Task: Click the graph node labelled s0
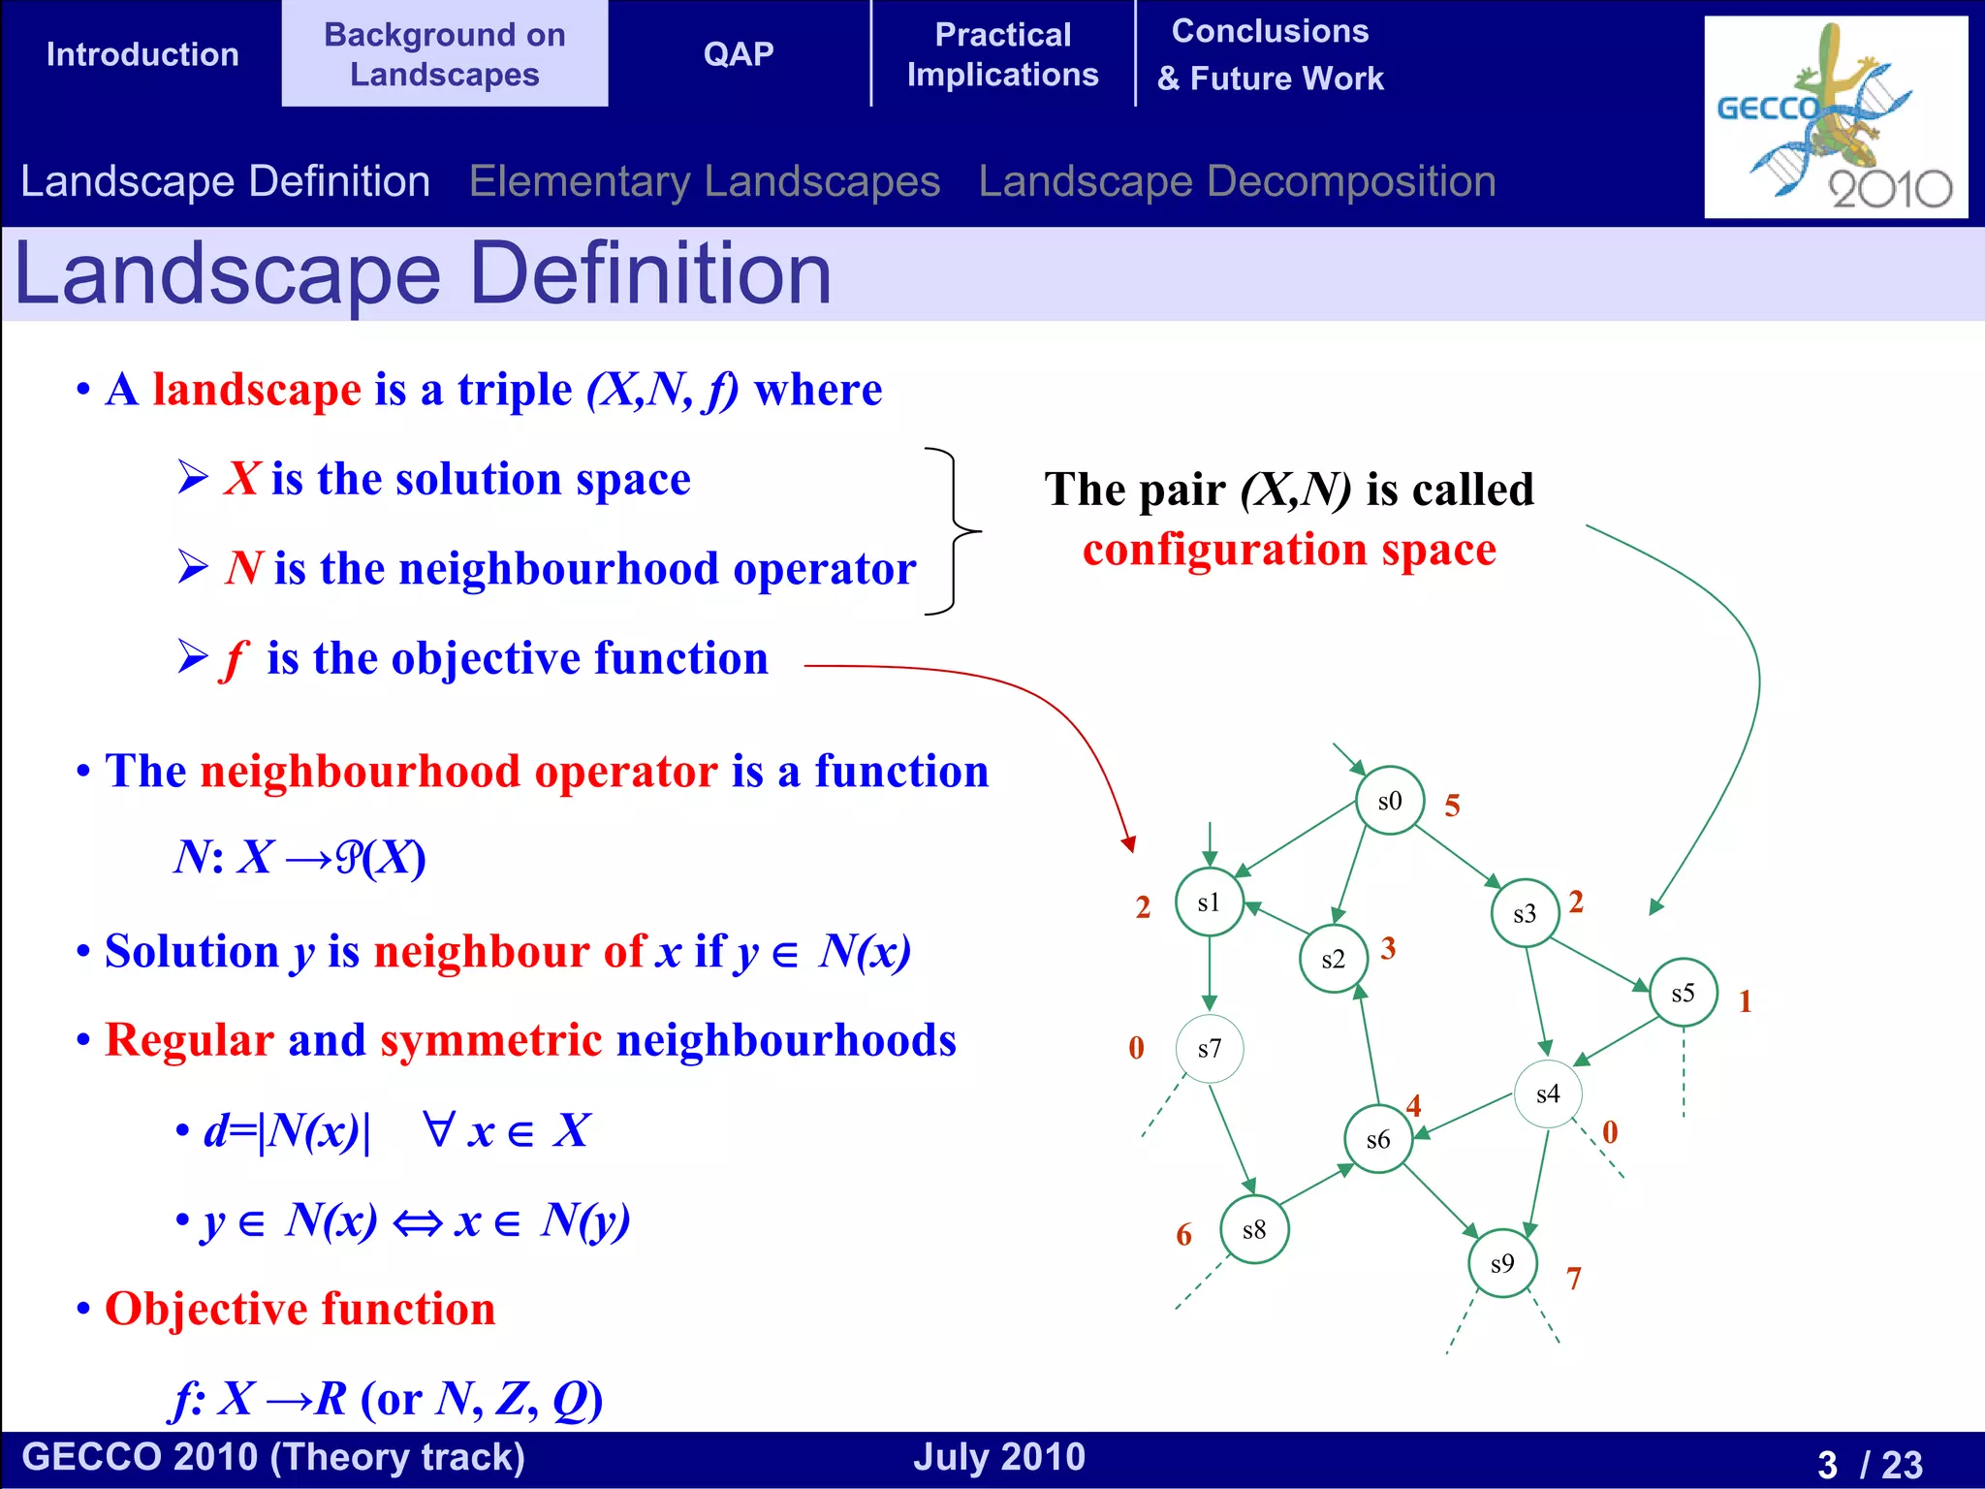(x=1389, y=801)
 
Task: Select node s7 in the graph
(x=1209, y=1049)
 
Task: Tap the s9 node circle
(x=1502, y=1263)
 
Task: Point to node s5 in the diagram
(x=1683, y=993)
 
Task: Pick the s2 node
(x=1333, y=959)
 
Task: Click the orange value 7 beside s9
(x=1573, y=1279)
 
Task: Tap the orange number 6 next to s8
(x=1183, y=1235)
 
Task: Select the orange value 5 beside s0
(x=1452, y=806)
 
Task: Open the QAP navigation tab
(x=739, y=53)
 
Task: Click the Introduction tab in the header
(x=142, y=53)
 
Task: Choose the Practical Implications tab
(x=1002, y=54)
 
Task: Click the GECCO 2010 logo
(x=1835, y=117)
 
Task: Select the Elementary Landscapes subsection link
(x=705, y=181)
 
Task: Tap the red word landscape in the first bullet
(x=257, y=390)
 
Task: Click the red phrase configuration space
(x=1289, y=550)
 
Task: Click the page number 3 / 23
(x=1869, y=1463)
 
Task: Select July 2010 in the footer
(x=999, y=1457)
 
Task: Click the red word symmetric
(x=490, y=1040)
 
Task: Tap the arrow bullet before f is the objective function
(x=193, y=657)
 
